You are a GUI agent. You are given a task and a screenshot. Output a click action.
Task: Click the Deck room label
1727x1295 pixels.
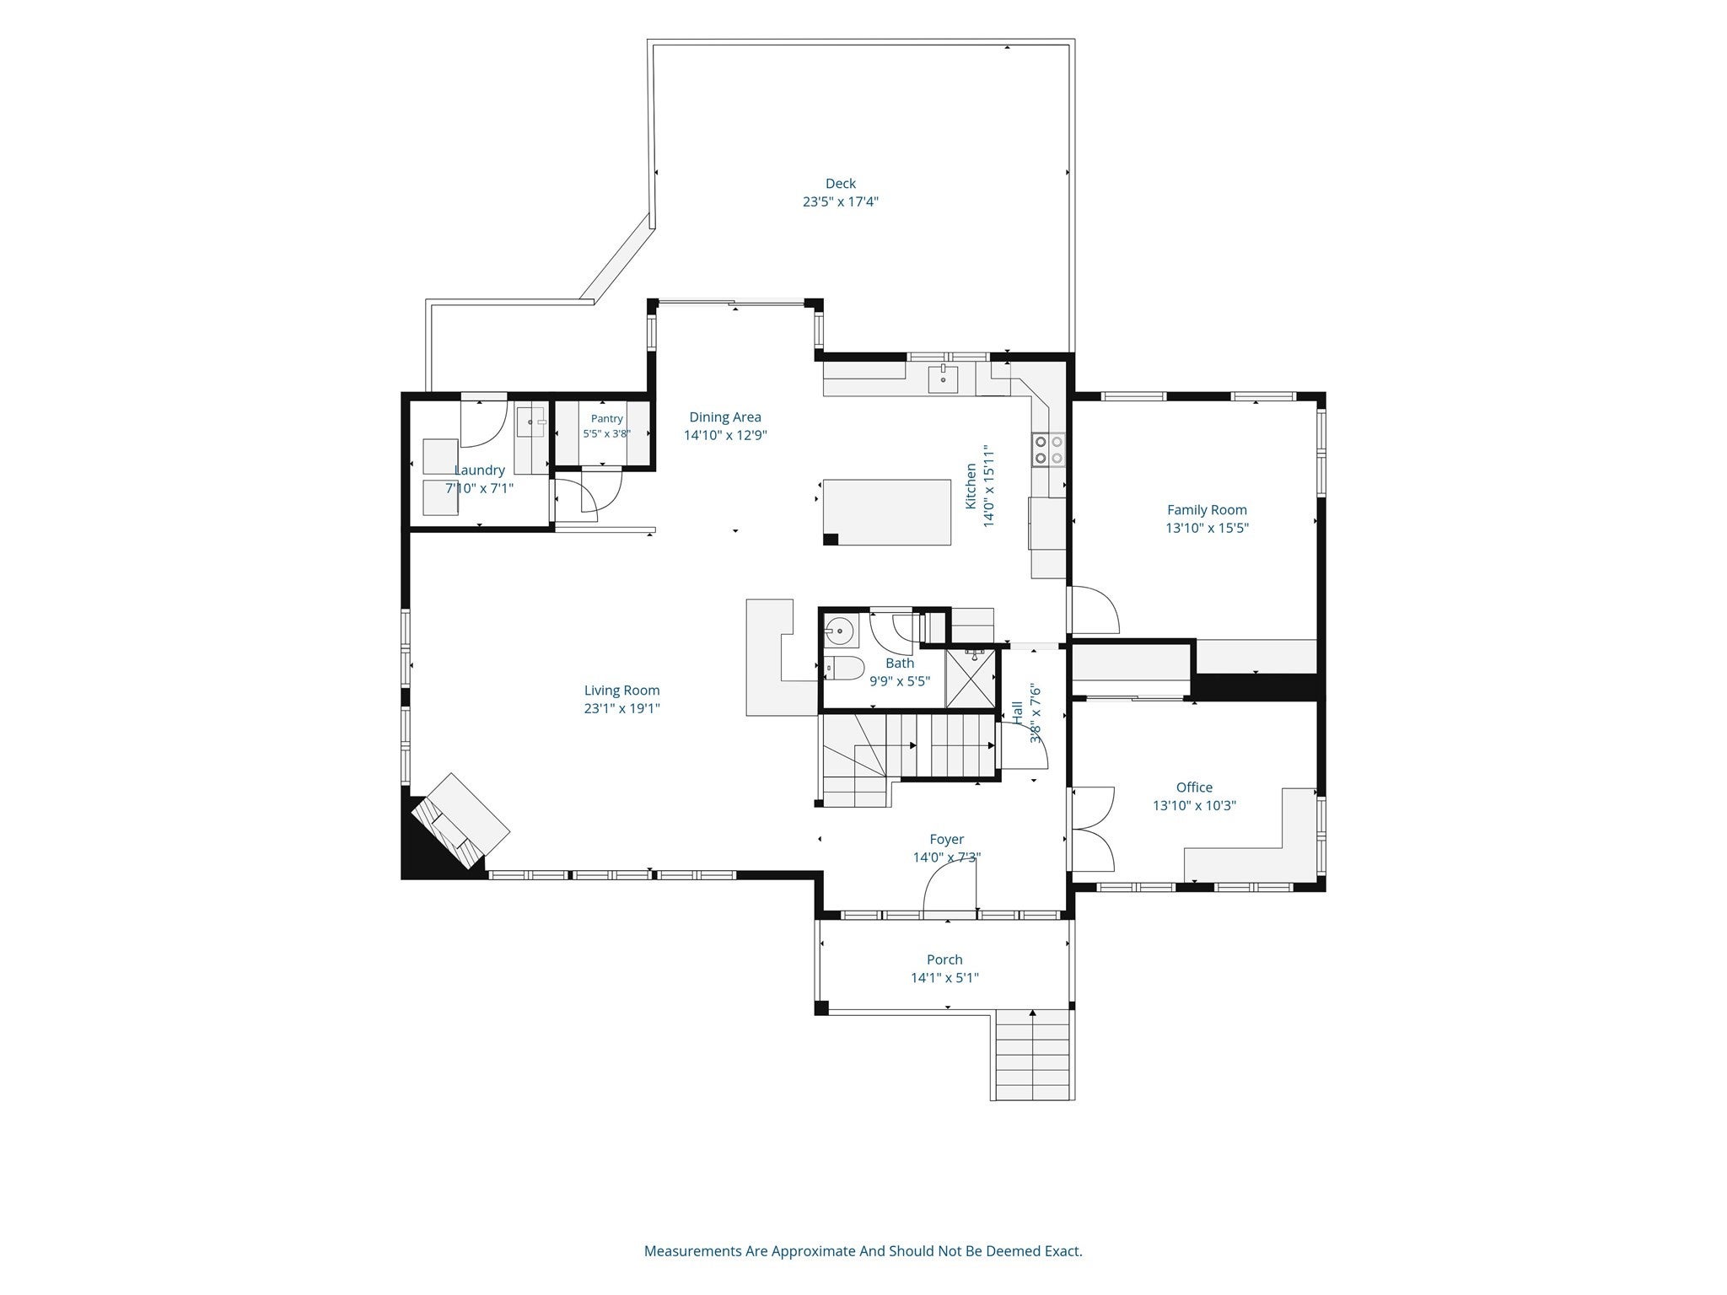pos(840,184)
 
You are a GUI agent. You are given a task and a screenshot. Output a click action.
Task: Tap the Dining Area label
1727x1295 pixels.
pos(725,416)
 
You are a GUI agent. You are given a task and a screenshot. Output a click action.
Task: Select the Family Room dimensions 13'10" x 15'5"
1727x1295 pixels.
pos(1207,529)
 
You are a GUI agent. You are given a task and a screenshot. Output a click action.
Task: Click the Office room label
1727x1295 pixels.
pos(1194,787)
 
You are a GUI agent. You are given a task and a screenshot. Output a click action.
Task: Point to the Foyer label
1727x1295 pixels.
pos(946,840)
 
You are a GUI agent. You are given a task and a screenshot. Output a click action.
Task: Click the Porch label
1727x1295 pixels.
pos(944,959)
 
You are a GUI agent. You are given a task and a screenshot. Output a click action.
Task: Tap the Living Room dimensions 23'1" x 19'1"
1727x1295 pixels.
pos(621,709)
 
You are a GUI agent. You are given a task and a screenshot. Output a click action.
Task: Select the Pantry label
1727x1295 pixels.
pos(607,419)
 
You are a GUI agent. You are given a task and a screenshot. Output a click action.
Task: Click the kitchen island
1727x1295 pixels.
pos(887,513)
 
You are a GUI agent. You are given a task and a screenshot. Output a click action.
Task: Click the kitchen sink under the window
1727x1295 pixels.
pos(943,380)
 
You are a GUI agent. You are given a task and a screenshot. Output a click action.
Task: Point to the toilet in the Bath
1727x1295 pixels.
pos(843,669)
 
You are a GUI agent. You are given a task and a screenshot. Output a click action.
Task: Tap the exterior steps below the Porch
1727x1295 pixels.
pos(1035,1055)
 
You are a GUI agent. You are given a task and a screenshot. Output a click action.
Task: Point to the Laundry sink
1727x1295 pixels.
pos(532,421)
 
